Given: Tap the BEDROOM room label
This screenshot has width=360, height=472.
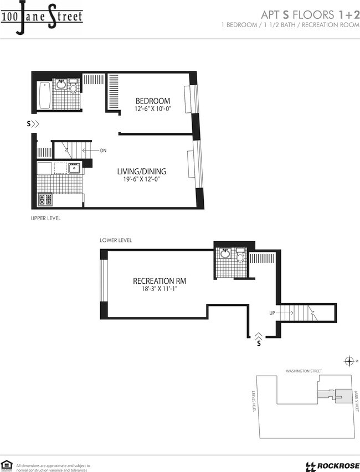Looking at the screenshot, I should (153, 101).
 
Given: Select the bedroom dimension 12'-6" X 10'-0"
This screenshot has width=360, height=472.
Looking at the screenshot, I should (153, 110).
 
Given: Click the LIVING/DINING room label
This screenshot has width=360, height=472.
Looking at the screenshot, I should (141, 172).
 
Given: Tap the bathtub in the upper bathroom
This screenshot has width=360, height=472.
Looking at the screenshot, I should (44, 95).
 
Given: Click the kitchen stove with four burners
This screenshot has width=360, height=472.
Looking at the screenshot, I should (45, 200).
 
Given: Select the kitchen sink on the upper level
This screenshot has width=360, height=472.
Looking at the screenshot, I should (74, 167).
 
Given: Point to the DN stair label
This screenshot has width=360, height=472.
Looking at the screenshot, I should (103, 151).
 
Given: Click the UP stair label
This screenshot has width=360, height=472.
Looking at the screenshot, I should (272, 313).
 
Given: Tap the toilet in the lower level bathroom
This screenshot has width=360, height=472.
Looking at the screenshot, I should (240, 257).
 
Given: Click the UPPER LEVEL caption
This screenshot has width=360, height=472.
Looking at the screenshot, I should (45, 219).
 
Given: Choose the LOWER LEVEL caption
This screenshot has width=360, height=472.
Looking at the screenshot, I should (116, 240).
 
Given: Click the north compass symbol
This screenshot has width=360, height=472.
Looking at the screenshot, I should (349, 361).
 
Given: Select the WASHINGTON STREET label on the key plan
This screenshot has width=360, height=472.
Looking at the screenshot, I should (304, 371).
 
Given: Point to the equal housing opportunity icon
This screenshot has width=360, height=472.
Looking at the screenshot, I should (7, 465).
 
